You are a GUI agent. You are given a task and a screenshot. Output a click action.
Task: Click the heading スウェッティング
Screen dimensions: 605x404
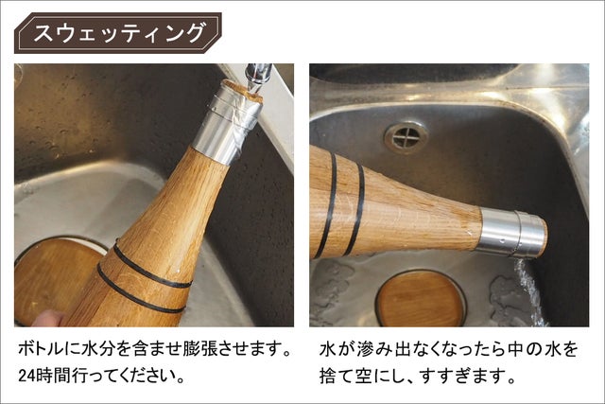(x=118, y=33)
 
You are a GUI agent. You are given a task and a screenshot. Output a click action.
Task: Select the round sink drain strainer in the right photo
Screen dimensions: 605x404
(x=406, y=137)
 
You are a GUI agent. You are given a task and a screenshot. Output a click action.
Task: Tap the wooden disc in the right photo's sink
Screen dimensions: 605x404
(x=421, y=299)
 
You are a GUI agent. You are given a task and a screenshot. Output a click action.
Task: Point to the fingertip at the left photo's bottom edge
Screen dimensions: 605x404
(x=48, y=318)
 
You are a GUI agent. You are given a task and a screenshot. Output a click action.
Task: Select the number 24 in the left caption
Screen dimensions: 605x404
(x=26, y=376)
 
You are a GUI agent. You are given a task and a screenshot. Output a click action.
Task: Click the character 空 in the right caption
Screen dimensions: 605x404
(x=363, y=376)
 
